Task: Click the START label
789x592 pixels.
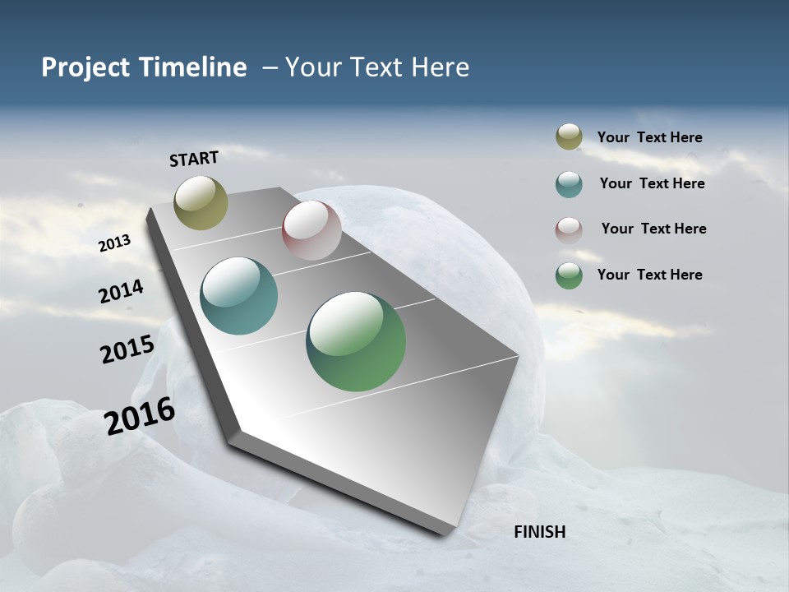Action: coord(194,159)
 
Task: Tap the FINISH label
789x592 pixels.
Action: coord(540,532)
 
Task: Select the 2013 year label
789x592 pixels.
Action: coord(115,243)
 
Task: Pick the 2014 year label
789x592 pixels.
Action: coord(122,292)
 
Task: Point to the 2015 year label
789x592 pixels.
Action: coord(127,349)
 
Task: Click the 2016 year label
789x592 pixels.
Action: coord(140,416)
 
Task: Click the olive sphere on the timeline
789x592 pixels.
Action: coord(201,202)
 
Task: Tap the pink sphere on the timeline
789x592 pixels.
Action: coord(311,230)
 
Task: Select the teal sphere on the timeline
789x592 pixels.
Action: coord(239,296)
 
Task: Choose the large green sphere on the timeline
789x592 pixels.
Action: coord(356,341)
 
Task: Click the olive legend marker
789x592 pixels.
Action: coord(569,136)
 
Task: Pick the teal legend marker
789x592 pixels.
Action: coord(569,184)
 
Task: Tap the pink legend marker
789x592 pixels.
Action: coord(569,230)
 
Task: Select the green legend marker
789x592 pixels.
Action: coord(569,275)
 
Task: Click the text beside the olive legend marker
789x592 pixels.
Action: coord(649,137)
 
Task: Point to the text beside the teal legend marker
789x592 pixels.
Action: coord(652,183)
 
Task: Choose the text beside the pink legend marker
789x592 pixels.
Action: coord(653,229)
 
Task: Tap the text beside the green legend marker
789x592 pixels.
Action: coord(649,275)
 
